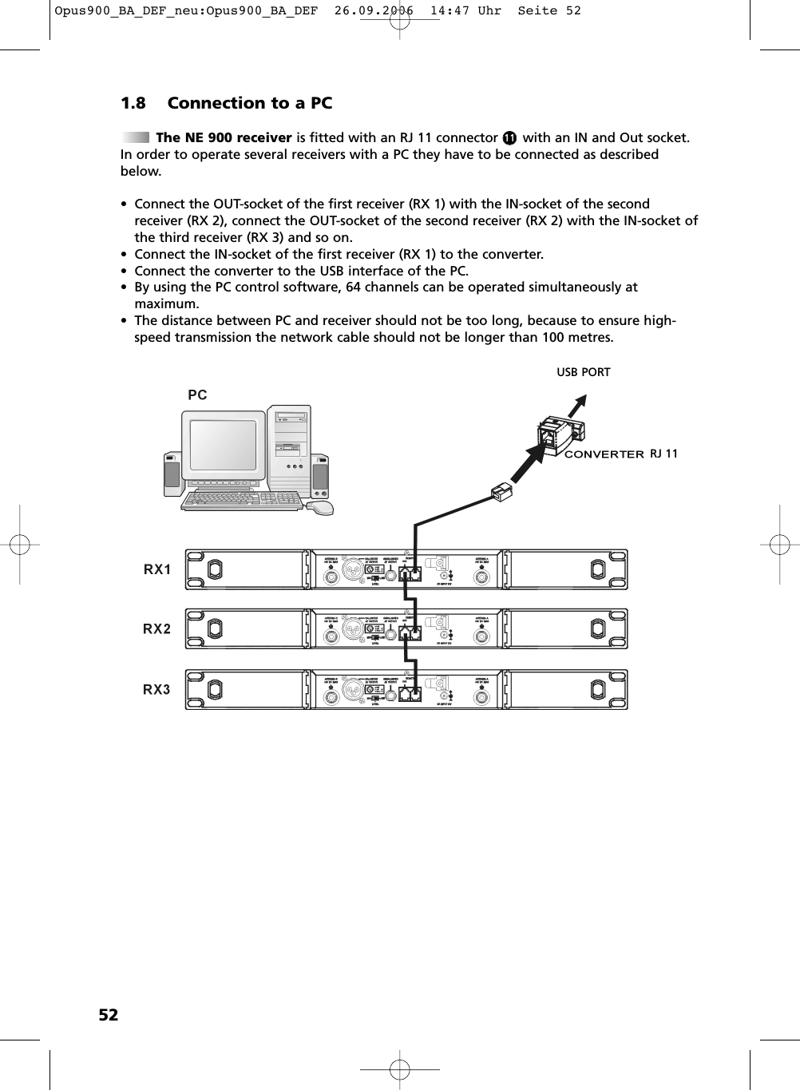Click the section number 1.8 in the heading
click(x=133, y=103)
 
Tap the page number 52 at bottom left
click(x=108, y=1015)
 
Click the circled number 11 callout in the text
click(x=509, y=138)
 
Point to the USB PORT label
click(x=583, y=372)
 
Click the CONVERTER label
click(x=604, y=454)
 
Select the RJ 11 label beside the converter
click(x=663, y=454)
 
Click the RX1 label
click(x=157, y=569)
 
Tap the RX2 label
click(x=156, y=629)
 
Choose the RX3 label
click(x=156, y=689)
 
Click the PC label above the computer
click(x=197, y=394)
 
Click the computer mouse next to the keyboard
click(x=320, y=508)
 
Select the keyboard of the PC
click(x=242, y=500)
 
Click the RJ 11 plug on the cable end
click(x=502, y=492)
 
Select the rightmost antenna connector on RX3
click(x=481, y=696)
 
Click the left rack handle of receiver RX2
click(x=214, y=628)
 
